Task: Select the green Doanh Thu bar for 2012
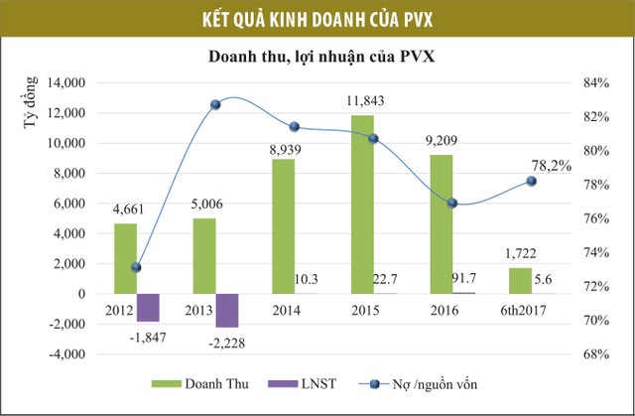[125, 258]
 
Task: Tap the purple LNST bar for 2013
[227, 310]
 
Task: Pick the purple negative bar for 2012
[148, 307]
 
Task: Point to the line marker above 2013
[214, 104]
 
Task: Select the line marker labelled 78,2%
[531, 181]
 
